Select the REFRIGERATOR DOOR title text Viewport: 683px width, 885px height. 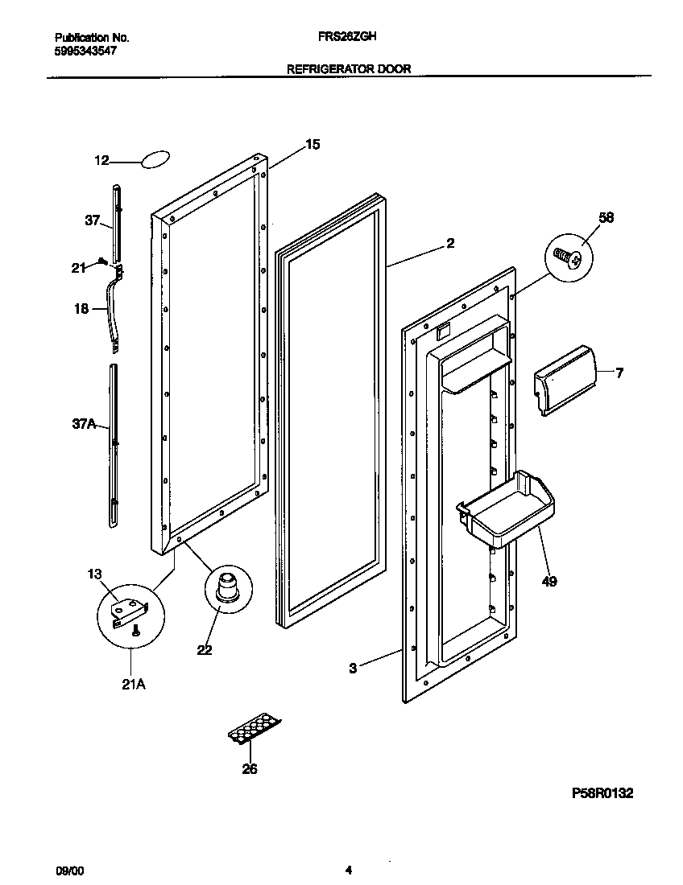(x=349, y=69)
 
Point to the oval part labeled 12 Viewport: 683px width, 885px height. (x=156, y=159)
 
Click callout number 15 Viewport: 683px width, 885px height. (x=313, y=145)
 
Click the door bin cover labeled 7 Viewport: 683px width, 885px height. (x=566, y=381)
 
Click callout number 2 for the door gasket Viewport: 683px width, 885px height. (x=450, y=244)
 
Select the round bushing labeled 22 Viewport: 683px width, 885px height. (x=226, y=586)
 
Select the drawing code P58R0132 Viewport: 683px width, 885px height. (x=602, y=793)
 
